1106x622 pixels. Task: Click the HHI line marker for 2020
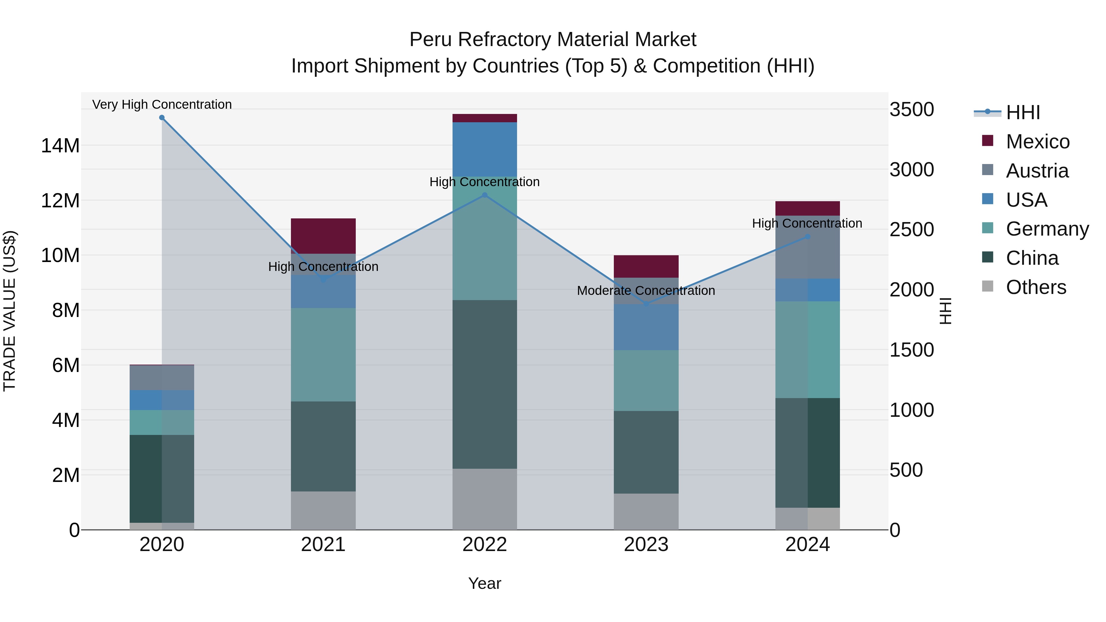coord(162,118)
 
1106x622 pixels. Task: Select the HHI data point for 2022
coord(485,195)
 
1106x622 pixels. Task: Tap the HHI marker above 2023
coord(646,304)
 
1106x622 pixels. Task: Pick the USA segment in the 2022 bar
coord(485,149)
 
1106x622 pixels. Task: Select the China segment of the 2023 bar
coord(646,452)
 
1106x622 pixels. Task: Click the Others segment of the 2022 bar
coord(485,499)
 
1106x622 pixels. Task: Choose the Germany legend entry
coord(1047,229)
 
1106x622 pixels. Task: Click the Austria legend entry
coord(1037,171)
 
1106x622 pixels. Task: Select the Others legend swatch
coord(987,286)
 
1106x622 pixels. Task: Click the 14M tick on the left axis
coord(60,146)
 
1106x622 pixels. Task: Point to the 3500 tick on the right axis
coord(912,109)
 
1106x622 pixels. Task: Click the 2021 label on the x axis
coord(323,545)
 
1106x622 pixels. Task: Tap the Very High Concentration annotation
coord(162,104)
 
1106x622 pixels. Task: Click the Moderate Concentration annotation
coord(646,291)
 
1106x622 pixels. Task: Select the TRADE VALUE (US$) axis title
coord(10,311)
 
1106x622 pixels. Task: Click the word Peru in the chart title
coord(430,40)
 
